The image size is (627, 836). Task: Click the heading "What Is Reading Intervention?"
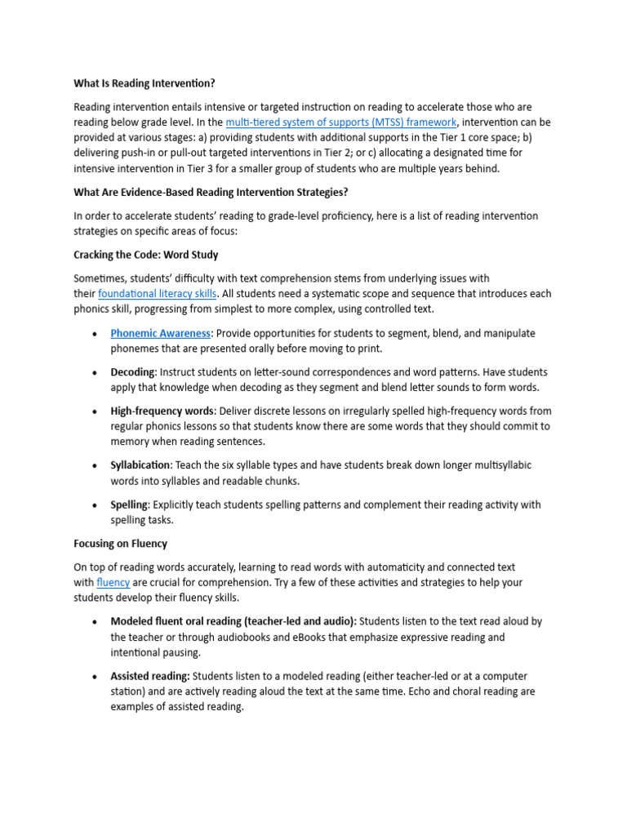145,83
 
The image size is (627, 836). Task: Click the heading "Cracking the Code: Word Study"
146,255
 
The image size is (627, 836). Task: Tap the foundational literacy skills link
158,294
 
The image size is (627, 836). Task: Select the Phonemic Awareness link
161,333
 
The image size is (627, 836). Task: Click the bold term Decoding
132,372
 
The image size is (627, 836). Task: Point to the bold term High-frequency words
161,411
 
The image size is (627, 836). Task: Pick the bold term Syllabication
141,465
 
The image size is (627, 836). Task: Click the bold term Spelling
129,505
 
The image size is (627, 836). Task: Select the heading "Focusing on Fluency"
120,544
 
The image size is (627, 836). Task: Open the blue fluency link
113,583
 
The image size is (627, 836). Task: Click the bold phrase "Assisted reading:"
150,676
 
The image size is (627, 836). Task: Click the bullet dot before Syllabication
95,465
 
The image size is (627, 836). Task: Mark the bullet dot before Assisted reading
95,677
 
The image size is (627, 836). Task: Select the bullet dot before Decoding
95,373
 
